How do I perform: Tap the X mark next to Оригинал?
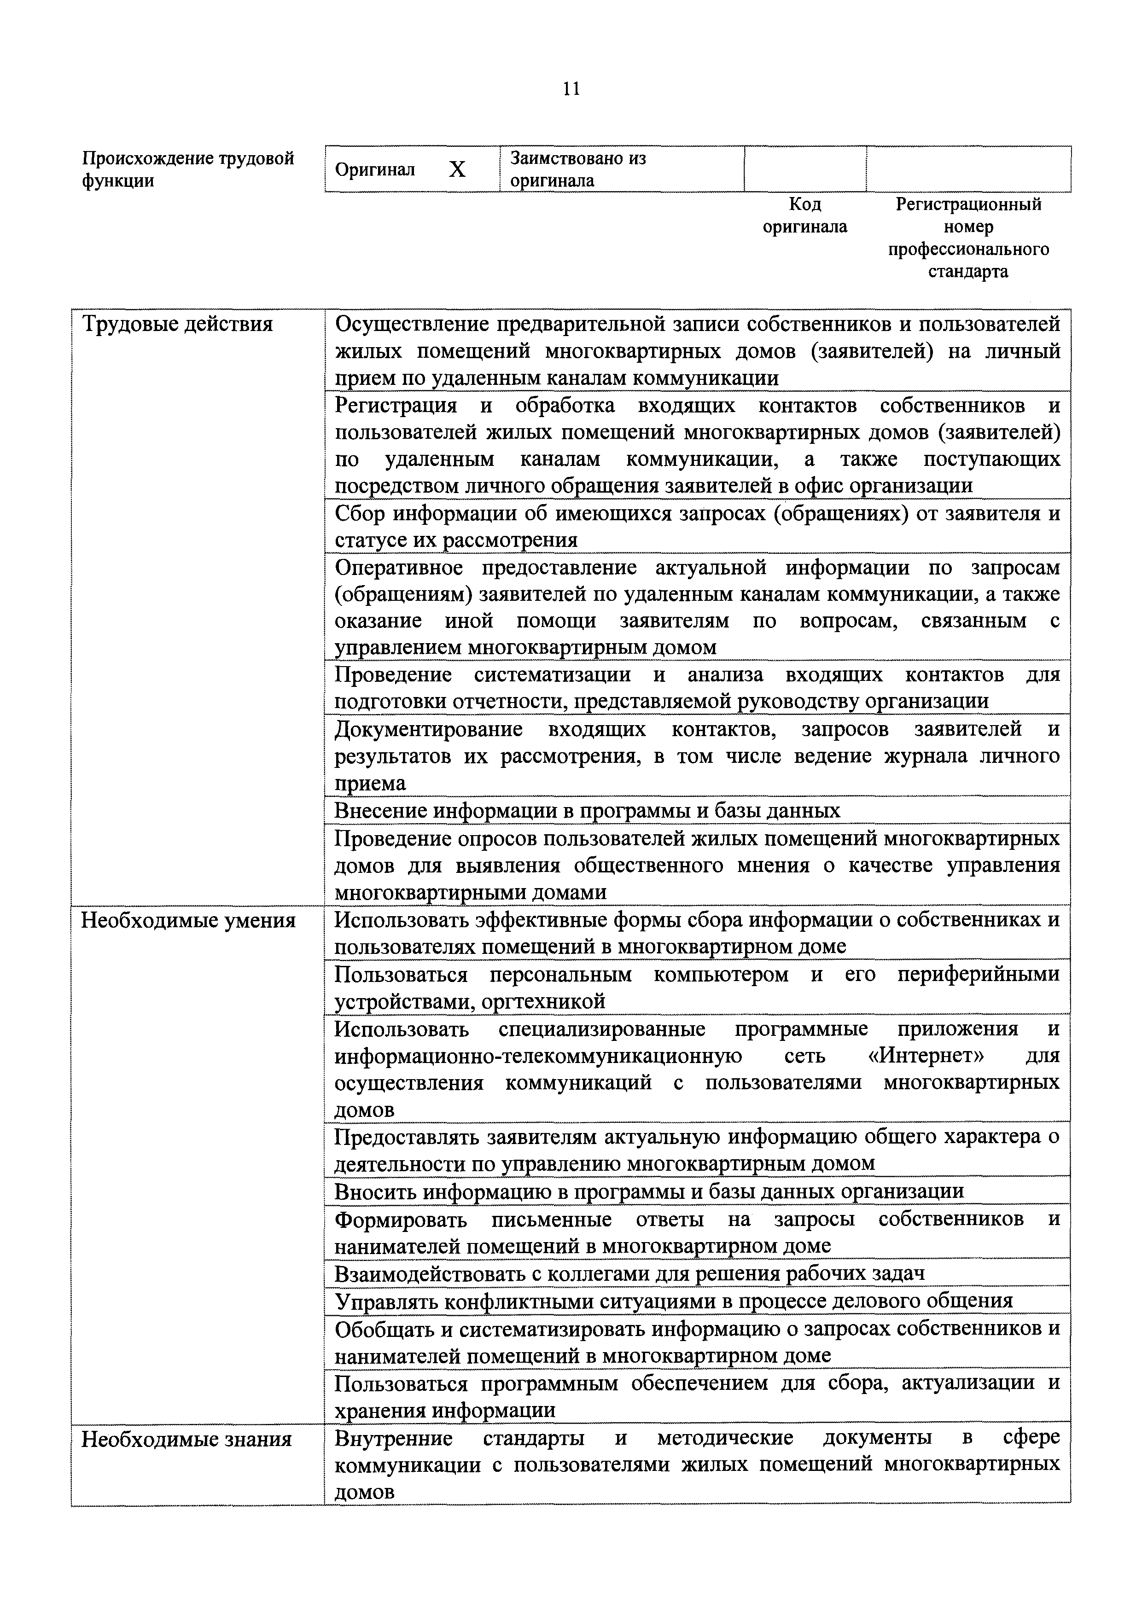click(457, 169)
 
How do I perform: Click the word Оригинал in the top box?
click(375, 169)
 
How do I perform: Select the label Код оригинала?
click(805, 215)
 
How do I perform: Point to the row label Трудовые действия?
click(177, 324)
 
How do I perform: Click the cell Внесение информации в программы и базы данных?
click(588, 810)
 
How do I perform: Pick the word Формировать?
click(400, 1219)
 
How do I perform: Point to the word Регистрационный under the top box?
click(968, 205)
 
